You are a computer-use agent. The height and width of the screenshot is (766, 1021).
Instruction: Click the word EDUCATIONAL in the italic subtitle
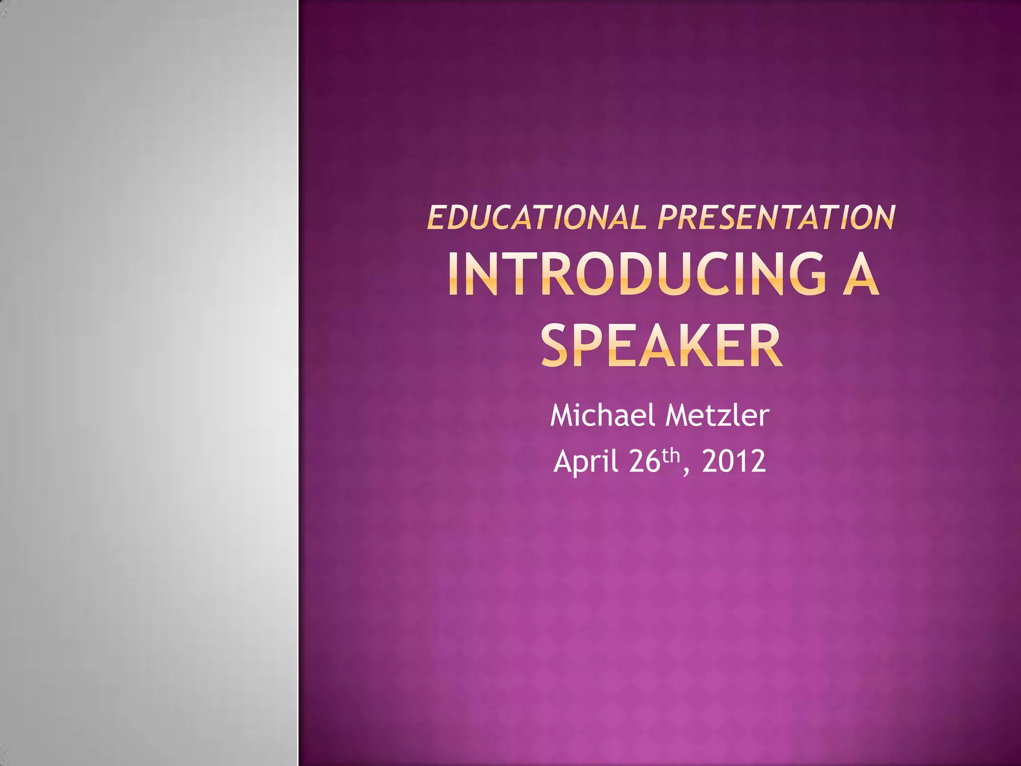pos(536,218)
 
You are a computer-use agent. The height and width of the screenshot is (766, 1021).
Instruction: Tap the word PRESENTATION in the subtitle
pos(776,218)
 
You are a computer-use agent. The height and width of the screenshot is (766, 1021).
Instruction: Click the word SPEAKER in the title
pos(661,346)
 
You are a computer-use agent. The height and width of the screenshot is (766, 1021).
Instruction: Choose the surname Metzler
pos(717,415)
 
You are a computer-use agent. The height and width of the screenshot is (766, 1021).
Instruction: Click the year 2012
pos(733,461)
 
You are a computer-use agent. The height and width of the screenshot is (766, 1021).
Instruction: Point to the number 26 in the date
pos(645,461)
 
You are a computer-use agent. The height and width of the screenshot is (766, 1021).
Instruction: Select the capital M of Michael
pos(562,415)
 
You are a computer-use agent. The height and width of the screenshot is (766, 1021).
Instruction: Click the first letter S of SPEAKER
pos(555,346)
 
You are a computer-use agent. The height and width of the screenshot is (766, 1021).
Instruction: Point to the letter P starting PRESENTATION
pos(668,218)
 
